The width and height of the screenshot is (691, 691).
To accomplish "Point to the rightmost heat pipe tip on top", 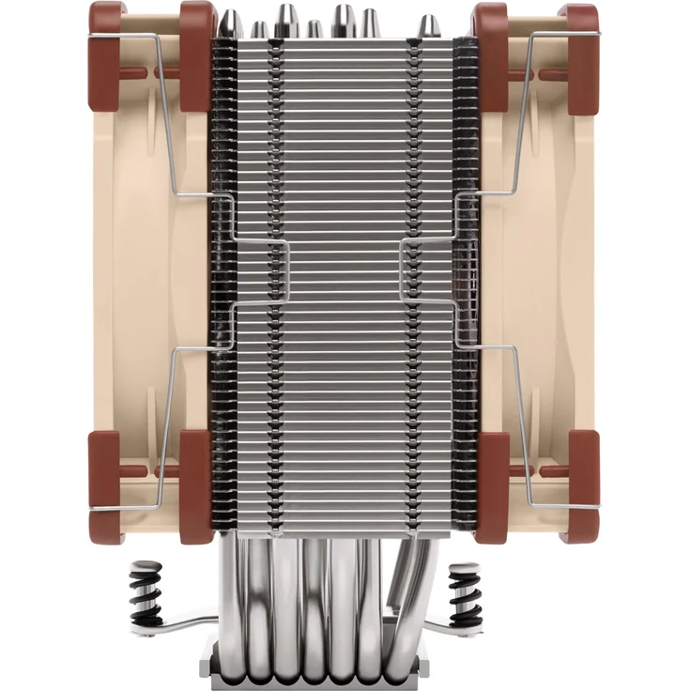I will point(428,26).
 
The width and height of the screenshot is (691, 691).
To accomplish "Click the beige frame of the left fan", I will point(141,282).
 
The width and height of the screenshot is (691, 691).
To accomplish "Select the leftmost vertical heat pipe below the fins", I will point(231,601).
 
